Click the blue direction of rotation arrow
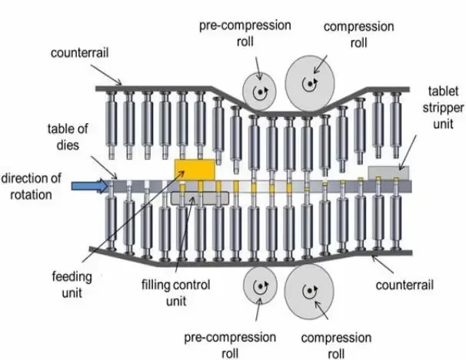pos(90,186)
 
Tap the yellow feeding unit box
pos(195,170)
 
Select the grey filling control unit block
pos(200,198)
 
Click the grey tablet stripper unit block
pos(388,173)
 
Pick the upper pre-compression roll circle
pos(259,92)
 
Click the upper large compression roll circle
pos(310,84)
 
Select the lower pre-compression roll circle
pos(260,285)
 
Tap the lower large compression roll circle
pos(309,291)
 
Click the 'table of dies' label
pos(68,137)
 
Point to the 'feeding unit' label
pos(72,285)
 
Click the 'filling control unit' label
pos(176,293)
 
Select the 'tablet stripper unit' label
pos(443,108)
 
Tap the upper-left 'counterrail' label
pos(80,53)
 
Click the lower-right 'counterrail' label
pos(404,285)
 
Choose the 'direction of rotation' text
pos(32,186)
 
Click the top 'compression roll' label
pos(358,35)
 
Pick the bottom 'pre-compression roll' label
pos(230,345)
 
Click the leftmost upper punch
pos(112,125)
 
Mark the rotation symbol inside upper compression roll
pos(310,84)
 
